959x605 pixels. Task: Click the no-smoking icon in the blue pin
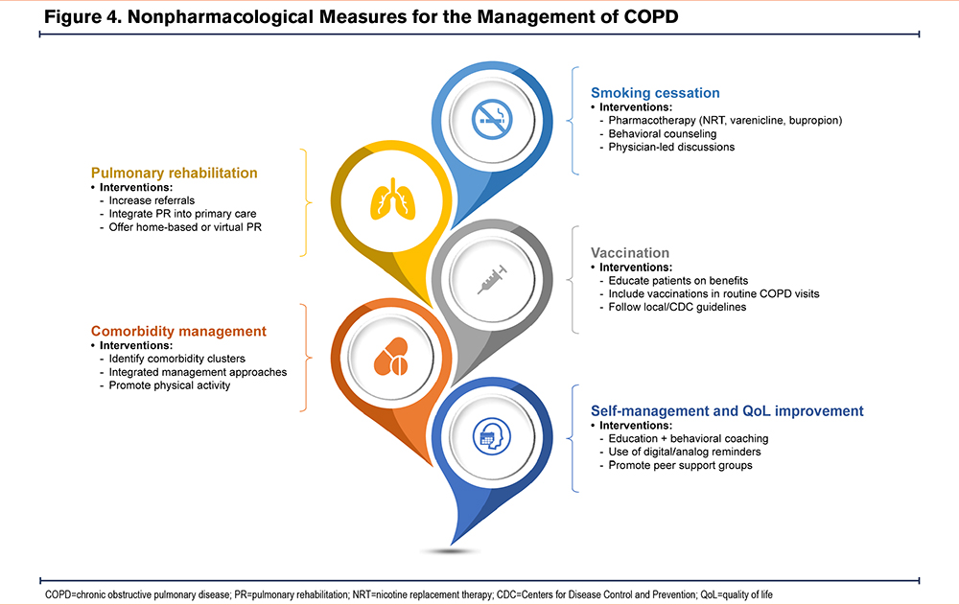coord(492,119)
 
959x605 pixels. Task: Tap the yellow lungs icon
coord(392,199)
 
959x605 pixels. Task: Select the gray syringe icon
coord(492,280)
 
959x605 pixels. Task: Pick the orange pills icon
coord(391,357)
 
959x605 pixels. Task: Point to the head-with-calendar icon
coord(492,436)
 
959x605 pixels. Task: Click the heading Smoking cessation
coord(655,93)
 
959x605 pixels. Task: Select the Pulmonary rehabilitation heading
coord(175,174)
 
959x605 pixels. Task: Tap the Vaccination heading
coord(630,253)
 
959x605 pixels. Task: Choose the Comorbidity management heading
coord(178,331)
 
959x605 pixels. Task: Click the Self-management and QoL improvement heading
coord(727,411)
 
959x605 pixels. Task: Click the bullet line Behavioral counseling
coord(663,134)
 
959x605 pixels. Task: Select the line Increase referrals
coord(152,200)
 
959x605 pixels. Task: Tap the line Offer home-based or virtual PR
coord(185,227)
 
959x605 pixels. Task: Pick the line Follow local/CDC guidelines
coord(677,307)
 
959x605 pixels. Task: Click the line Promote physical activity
coord(170,385)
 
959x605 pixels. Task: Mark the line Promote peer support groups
coord(680,466)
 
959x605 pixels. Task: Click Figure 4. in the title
coord(82,16)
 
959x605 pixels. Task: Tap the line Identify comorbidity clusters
coord(176,360)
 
